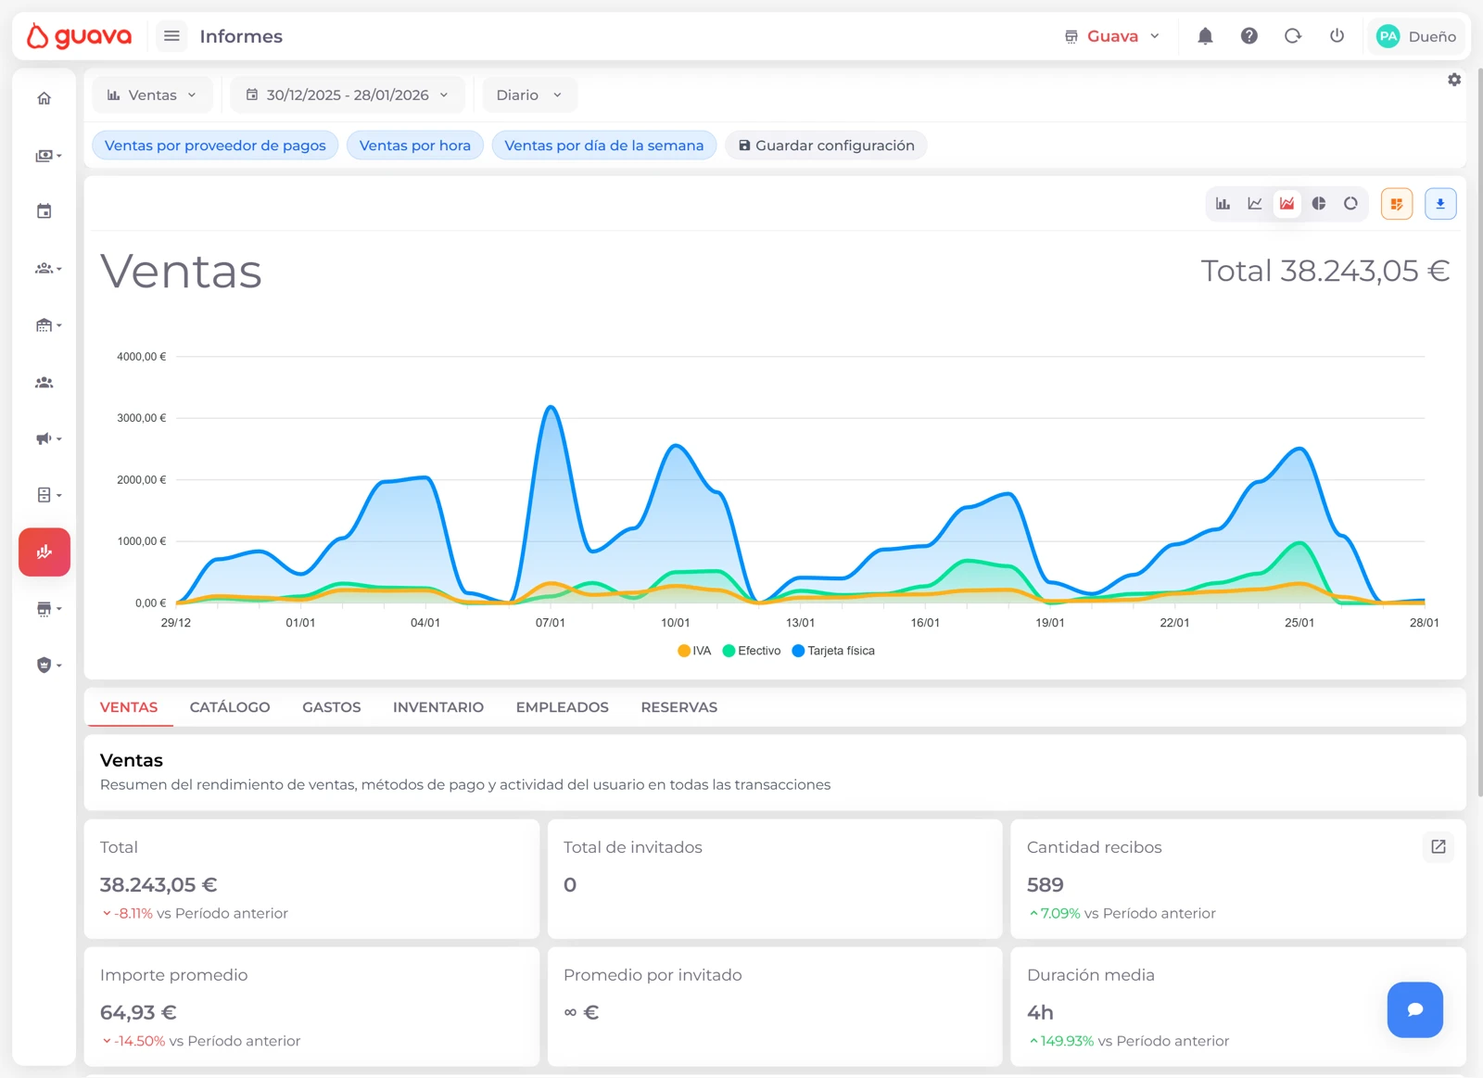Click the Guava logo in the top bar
(79, 36)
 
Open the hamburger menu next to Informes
(171, 36)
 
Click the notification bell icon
(1205, 36)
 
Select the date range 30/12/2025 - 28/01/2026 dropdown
(348, 95)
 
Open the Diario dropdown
(529, 95)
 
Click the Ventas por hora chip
(414, 146)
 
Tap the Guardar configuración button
(826, 146)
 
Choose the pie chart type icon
(1319, 204)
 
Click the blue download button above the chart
(1440, 204)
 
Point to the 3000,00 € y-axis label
(142, 418)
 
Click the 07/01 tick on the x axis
(550, 623)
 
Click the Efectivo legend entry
(752, 651)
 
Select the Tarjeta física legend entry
(833, 651)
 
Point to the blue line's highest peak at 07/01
(551, 407)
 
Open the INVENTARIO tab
(437, 707)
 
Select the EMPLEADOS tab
(562, 707)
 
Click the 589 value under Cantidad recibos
(1045, 885)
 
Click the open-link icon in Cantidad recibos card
(1438, 846)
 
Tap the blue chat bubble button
(1414, 1009)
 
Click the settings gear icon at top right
(1454, 80)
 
